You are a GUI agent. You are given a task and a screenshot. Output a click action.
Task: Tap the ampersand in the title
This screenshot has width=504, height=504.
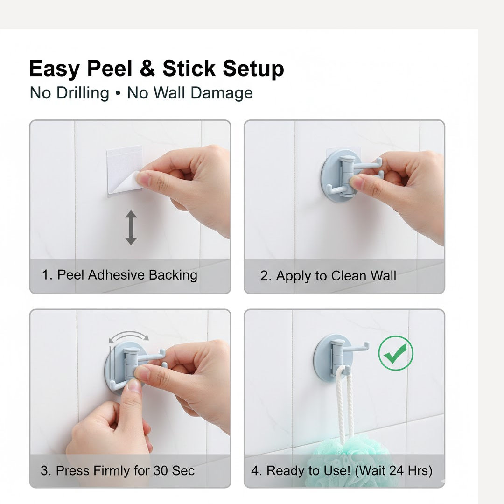tap(147, 69)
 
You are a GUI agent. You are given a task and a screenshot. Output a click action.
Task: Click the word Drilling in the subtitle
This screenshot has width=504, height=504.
tap(83, 93)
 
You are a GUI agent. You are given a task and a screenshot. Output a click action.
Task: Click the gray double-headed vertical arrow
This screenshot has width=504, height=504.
tap(131, 227)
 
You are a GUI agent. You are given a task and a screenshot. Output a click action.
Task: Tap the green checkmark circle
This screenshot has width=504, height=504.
tap(395, 353)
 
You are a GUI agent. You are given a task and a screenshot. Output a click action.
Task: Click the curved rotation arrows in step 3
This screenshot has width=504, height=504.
tap(128, 336)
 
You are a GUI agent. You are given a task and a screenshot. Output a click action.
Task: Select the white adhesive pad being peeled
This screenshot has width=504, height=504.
tap(124, 170)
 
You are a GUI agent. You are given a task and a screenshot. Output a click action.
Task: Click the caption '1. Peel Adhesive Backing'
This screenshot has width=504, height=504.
tap(119, 275)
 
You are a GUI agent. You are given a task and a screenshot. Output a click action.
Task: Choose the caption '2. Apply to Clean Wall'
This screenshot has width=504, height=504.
tap(328, 276)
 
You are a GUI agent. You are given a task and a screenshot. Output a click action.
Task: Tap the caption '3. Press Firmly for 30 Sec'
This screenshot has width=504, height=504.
tap(117, 470)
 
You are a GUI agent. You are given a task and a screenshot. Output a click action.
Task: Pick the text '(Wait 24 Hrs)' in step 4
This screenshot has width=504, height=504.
tap(393, 470)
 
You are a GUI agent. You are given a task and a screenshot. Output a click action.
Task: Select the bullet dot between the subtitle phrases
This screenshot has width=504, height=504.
tap(118, 93)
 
